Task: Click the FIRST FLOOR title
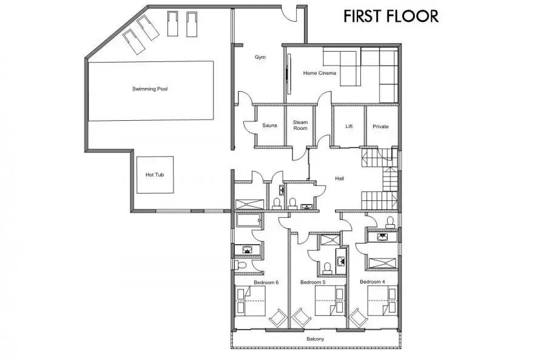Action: coord(391,16)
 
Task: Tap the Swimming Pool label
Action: coord(150,89)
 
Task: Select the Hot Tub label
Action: coord(155,175)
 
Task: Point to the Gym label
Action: coord(260,57)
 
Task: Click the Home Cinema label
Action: coord(319,73)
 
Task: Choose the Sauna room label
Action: coord(269,126)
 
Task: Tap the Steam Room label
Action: coord(300,125)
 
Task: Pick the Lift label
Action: coord(349,126)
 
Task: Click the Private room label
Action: coord(380,126)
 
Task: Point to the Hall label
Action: coord(340,178)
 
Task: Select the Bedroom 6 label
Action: coord(266,282)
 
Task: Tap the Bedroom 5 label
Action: coord(312,282)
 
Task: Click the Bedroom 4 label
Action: coord(372,282)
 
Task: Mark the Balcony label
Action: coord(315,339)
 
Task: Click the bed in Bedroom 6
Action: coord(251,301)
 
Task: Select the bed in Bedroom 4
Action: coord(382,301)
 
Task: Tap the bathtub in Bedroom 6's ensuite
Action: coord(248,220)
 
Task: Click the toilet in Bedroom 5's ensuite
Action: coord(327,268)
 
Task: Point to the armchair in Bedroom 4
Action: coord(359,318)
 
